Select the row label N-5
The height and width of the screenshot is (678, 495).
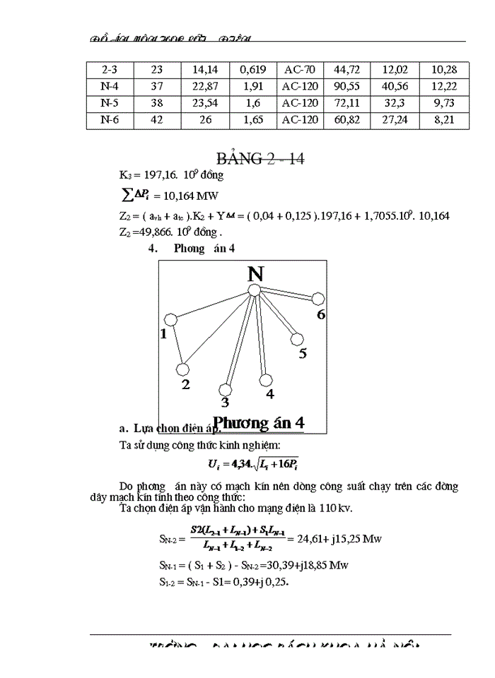(110, 103)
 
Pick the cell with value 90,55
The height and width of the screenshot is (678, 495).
(347, 86)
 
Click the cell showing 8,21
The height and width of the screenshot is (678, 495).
(444, 120)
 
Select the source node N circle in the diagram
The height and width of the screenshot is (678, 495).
(255, 290)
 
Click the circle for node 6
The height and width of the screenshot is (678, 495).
(318, 299)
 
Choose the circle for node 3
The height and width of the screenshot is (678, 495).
(226, 389)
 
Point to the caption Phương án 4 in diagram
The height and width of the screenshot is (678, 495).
(259, 422)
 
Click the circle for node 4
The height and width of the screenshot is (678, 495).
(265, 379)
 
